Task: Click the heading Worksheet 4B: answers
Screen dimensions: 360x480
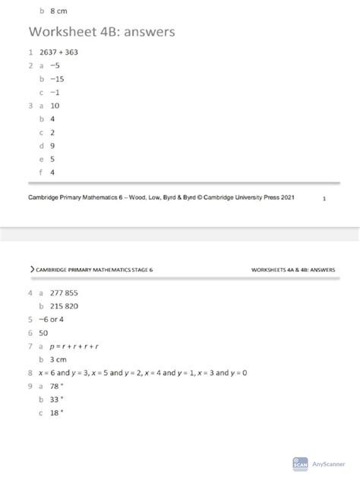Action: coord(102,33)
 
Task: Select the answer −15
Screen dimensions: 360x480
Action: coord(56,79)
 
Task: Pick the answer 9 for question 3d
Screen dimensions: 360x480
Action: coord(52,145)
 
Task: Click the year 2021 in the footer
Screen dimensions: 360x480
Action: coord(284,196)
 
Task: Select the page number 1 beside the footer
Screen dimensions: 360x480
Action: coord(324,199)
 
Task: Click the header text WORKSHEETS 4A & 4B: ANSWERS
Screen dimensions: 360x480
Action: coord(293,270)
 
